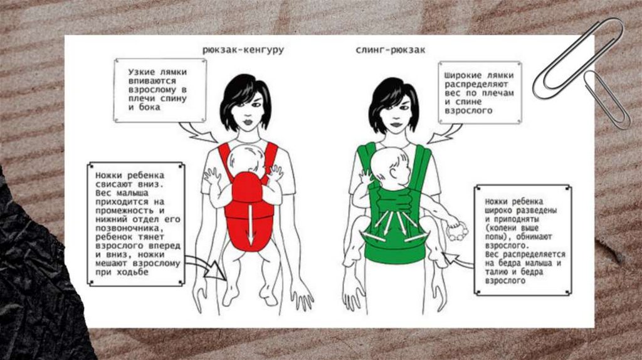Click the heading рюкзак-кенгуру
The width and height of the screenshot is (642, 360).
coord(243,50)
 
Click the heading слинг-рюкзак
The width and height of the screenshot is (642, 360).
coord(390,50)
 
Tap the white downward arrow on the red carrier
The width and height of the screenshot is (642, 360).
coord(251,225)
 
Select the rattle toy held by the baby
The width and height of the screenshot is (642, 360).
coord(457,233)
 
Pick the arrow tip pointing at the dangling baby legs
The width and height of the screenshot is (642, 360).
coord(226,279)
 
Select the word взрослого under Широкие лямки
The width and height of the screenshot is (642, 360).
coord(468,111)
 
